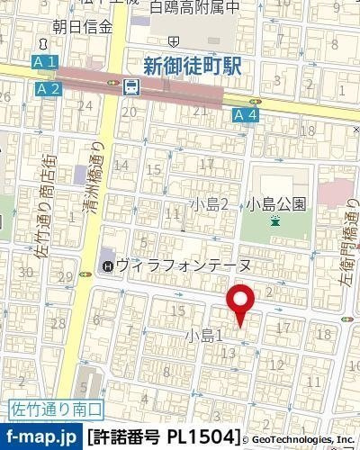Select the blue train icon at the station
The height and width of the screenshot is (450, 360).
pyautogui.click(x=131, y=87)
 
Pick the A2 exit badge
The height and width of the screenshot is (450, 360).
pyautogui.click(x=49, y=88)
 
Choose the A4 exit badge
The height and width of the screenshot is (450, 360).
pyautogui.click(x=246, y=114)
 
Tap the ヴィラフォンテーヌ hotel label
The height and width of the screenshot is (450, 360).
pyautogui.click(x=178, y=265)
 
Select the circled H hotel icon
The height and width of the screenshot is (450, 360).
pyautogui.click(x=108, y=265)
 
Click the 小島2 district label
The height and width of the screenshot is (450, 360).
pyautogui.click(x=213, y=203)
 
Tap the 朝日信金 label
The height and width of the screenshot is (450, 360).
pyautogui.click(x=82, y=27)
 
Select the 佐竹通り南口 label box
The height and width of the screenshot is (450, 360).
pyautogui.click(x=56, y=409)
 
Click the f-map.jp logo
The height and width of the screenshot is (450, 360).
pyautogui.click(x=41, y=436)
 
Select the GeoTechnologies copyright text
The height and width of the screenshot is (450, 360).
pyautogui.click(x=301, y=438)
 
